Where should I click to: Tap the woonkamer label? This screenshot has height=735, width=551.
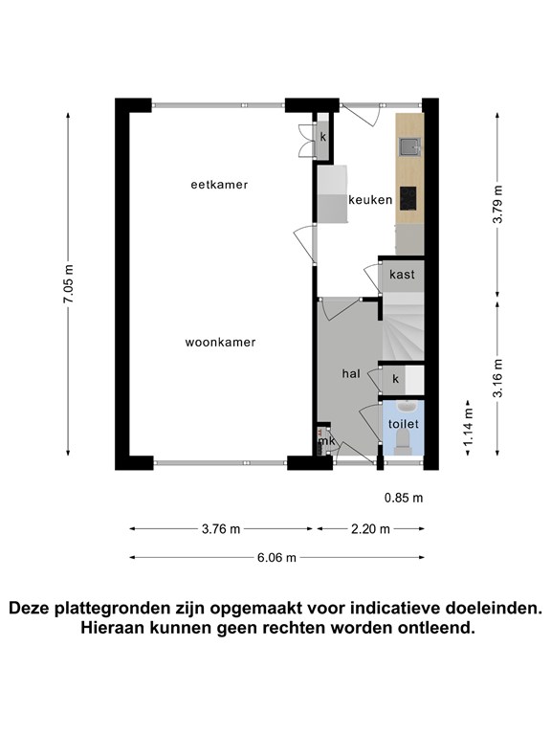click(220, 342)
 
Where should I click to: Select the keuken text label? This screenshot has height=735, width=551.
click(370, 200)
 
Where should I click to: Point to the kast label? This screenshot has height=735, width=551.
click(401, 274)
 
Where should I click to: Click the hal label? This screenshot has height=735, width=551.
click(351, 374)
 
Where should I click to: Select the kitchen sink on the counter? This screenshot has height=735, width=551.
click(409, 145)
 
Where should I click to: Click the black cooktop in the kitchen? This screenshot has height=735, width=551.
click(409, 197)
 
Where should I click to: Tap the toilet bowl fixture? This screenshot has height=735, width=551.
click(403, 441)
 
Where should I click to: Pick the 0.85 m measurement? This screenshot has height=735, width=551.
click(403, 498)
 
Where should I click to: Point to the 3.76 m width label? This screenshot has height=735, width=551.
click(221, 528)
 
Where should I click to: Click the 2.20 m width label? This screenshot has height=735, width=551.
click(371, 528)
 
